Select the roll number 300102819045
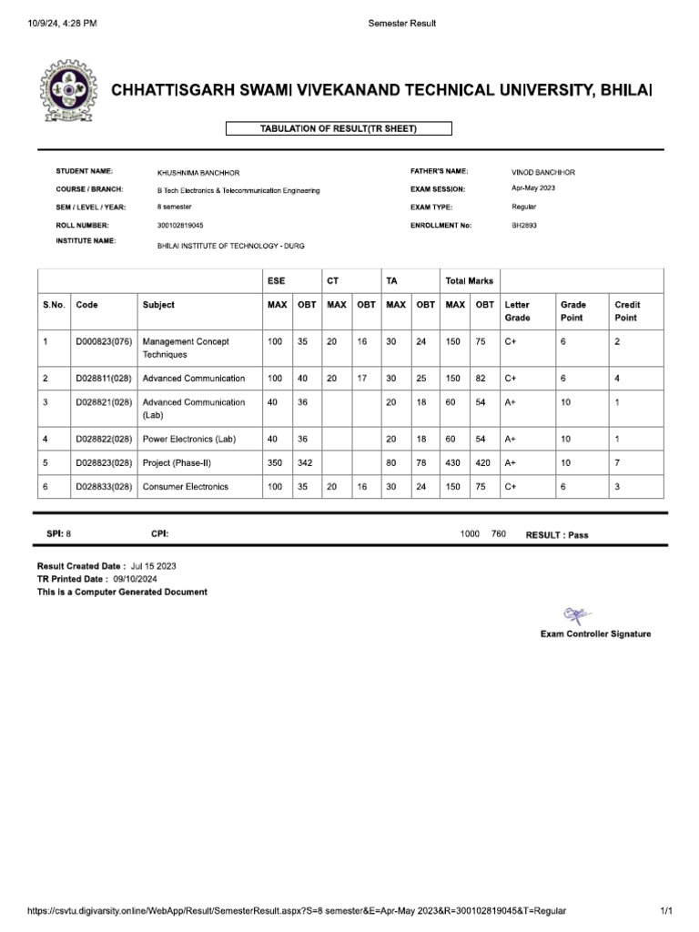[180, 224]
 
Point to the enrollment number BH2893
[524, 224]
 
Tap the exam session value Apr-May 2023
[533, 188]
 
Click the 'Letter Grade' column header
[517, 311]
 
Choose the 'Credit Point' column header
[627, 311]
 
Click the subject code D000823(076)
[104, 341]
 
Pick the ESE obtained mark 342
[306, 462]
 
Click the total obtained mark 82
[481, 378]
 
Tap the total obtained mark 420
[483, 462]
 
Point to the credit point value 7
[618, 462]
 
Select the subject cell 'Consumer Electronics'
[186, 487]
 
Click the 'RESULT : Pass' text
[557, 535]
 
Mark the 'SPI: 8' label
[58, 534]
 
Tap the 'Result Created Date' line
[106, 565]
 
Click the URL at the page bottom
[297, 911]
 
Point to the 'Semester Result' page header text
[401, 24]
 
